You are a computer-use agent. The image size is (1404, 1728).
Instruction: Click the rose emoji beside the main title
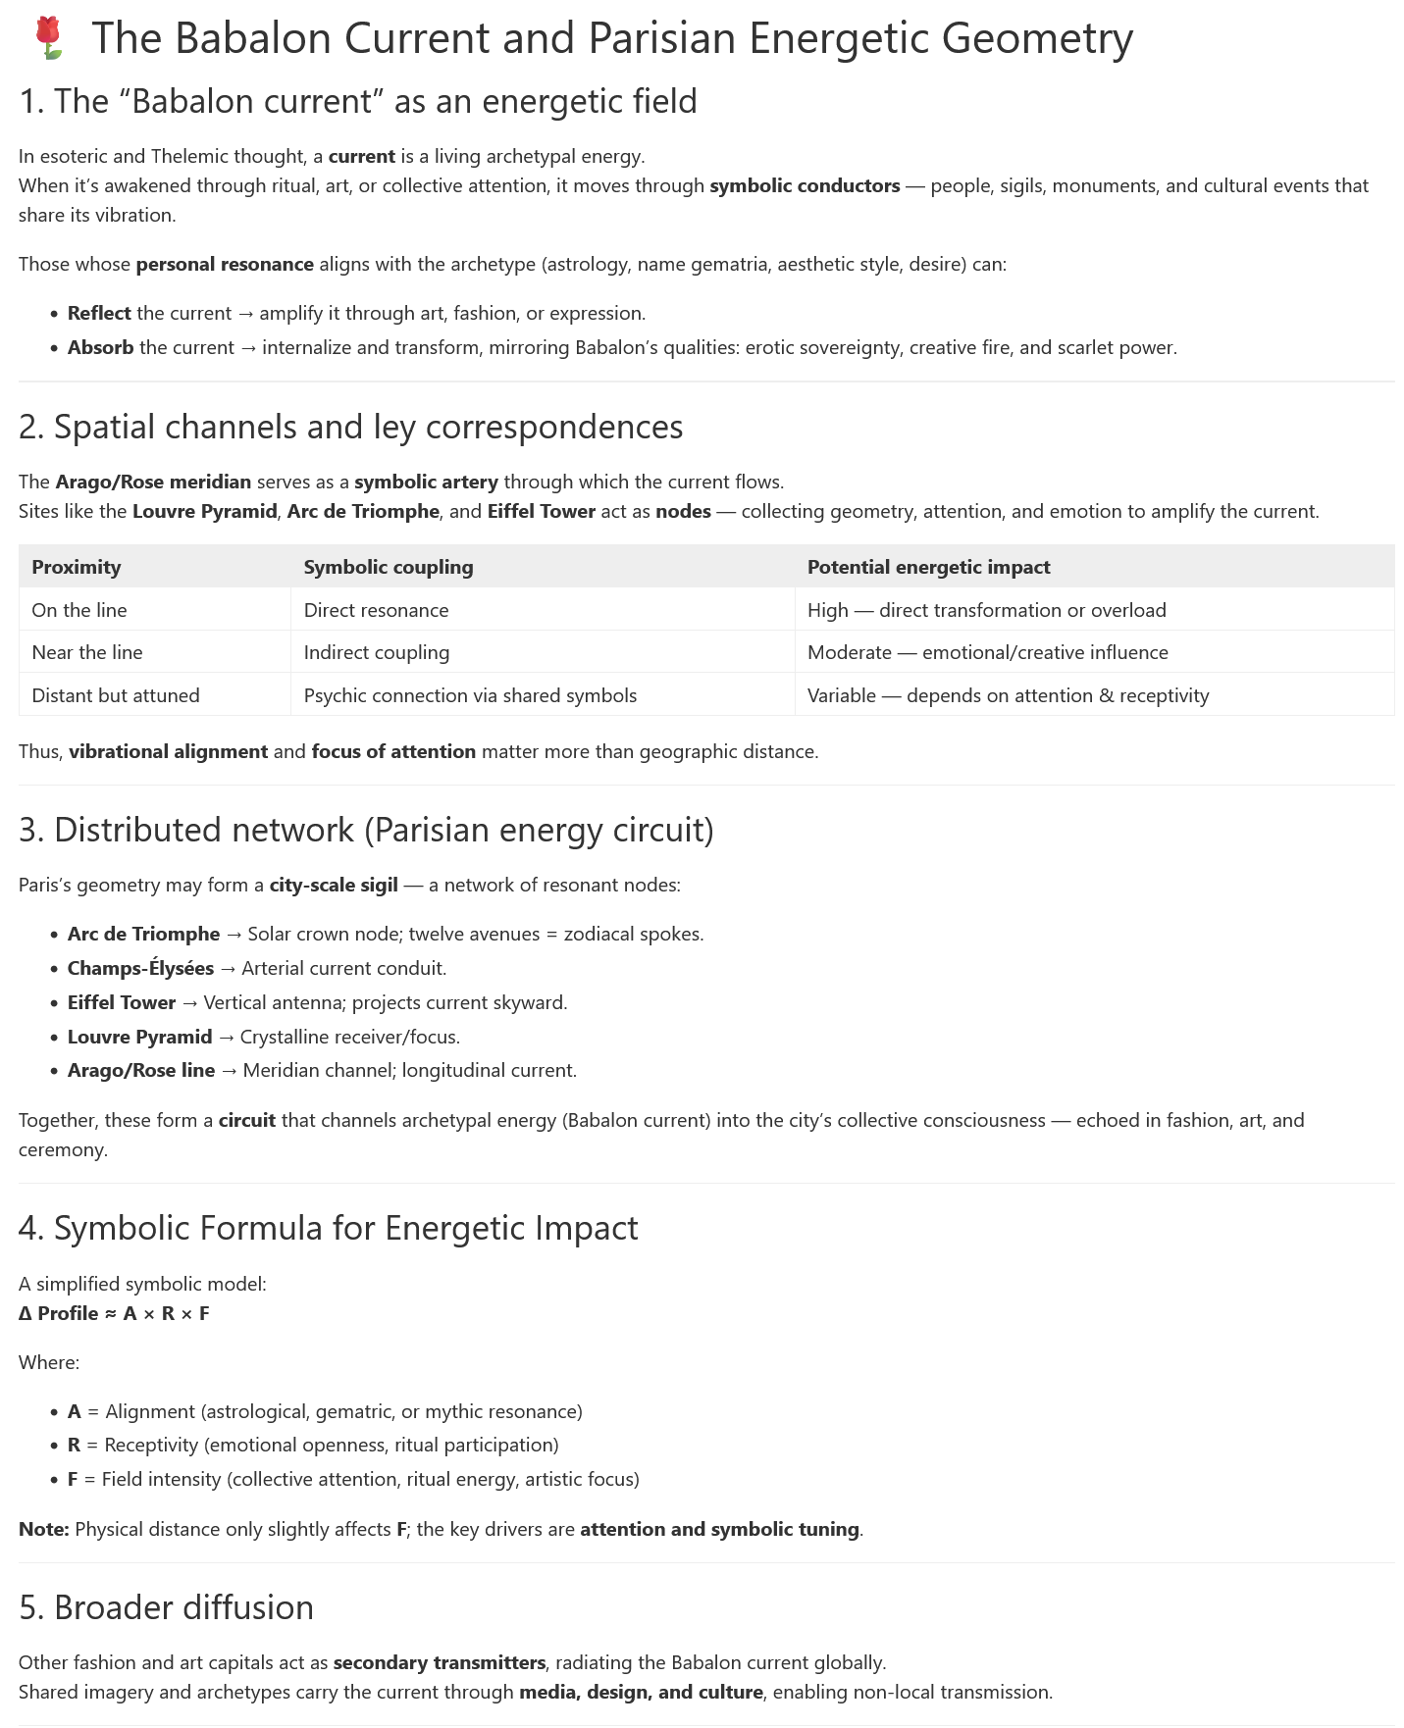coord(48,38)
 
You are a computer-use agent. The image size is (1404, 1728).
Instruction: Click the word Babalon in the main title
coord(251,39)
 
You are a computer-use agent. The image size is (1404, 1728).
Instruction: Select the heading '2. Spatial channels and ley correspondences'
coord(350,427)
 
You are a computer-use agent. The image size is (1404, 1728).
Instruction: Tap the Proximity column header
coord(77,567)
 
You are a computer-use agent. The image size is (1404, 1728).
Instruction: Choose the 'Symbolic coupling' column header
coord(389,567)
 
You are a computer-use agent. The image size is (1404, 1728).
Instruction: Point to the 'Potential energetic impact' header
coord(928,567)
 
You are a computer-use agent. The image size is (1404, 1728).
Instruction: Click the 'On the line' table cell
coord(79,610)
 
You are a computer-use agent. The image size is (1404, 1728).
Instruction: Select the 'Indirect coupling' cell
coord(377,652)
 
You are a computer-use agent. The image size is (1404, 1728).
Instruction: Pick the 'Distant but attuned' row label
coord(116,695)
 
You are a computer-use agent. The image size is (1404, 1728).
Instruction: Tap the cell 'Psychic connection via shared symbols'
coord(470,695)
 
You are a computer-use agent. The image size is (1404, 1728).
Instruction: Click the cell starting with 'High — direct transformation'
coord(986,610)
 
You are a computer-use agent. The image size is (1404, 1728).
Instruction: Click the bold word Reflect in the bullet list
coord(99,313)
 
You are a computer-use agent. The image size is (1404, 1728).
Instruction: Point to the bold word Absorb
coord(100,347)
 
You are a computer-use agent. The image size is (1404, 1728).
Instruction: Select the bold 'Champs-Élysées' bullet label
coord(140,968)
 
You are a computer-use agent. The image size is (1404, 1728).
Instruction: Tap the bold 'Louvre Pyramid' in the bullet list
coord(139,1037)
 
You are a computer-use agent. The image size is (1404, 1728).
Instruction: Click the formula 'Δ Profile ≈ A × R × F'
coord(114,1313)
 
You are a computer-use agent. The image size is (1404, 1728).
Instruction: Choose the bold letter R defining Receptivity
coord(74,1445)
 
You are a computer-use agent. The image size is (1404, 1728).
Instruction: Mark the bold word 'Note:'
coord(43,1529)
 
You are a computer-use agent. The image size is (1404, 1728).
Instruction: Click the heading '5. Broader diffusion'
coord(166,1607)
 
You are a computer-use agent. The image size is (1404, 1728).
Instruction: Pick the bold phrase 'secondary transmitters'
coord(439,1662)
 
